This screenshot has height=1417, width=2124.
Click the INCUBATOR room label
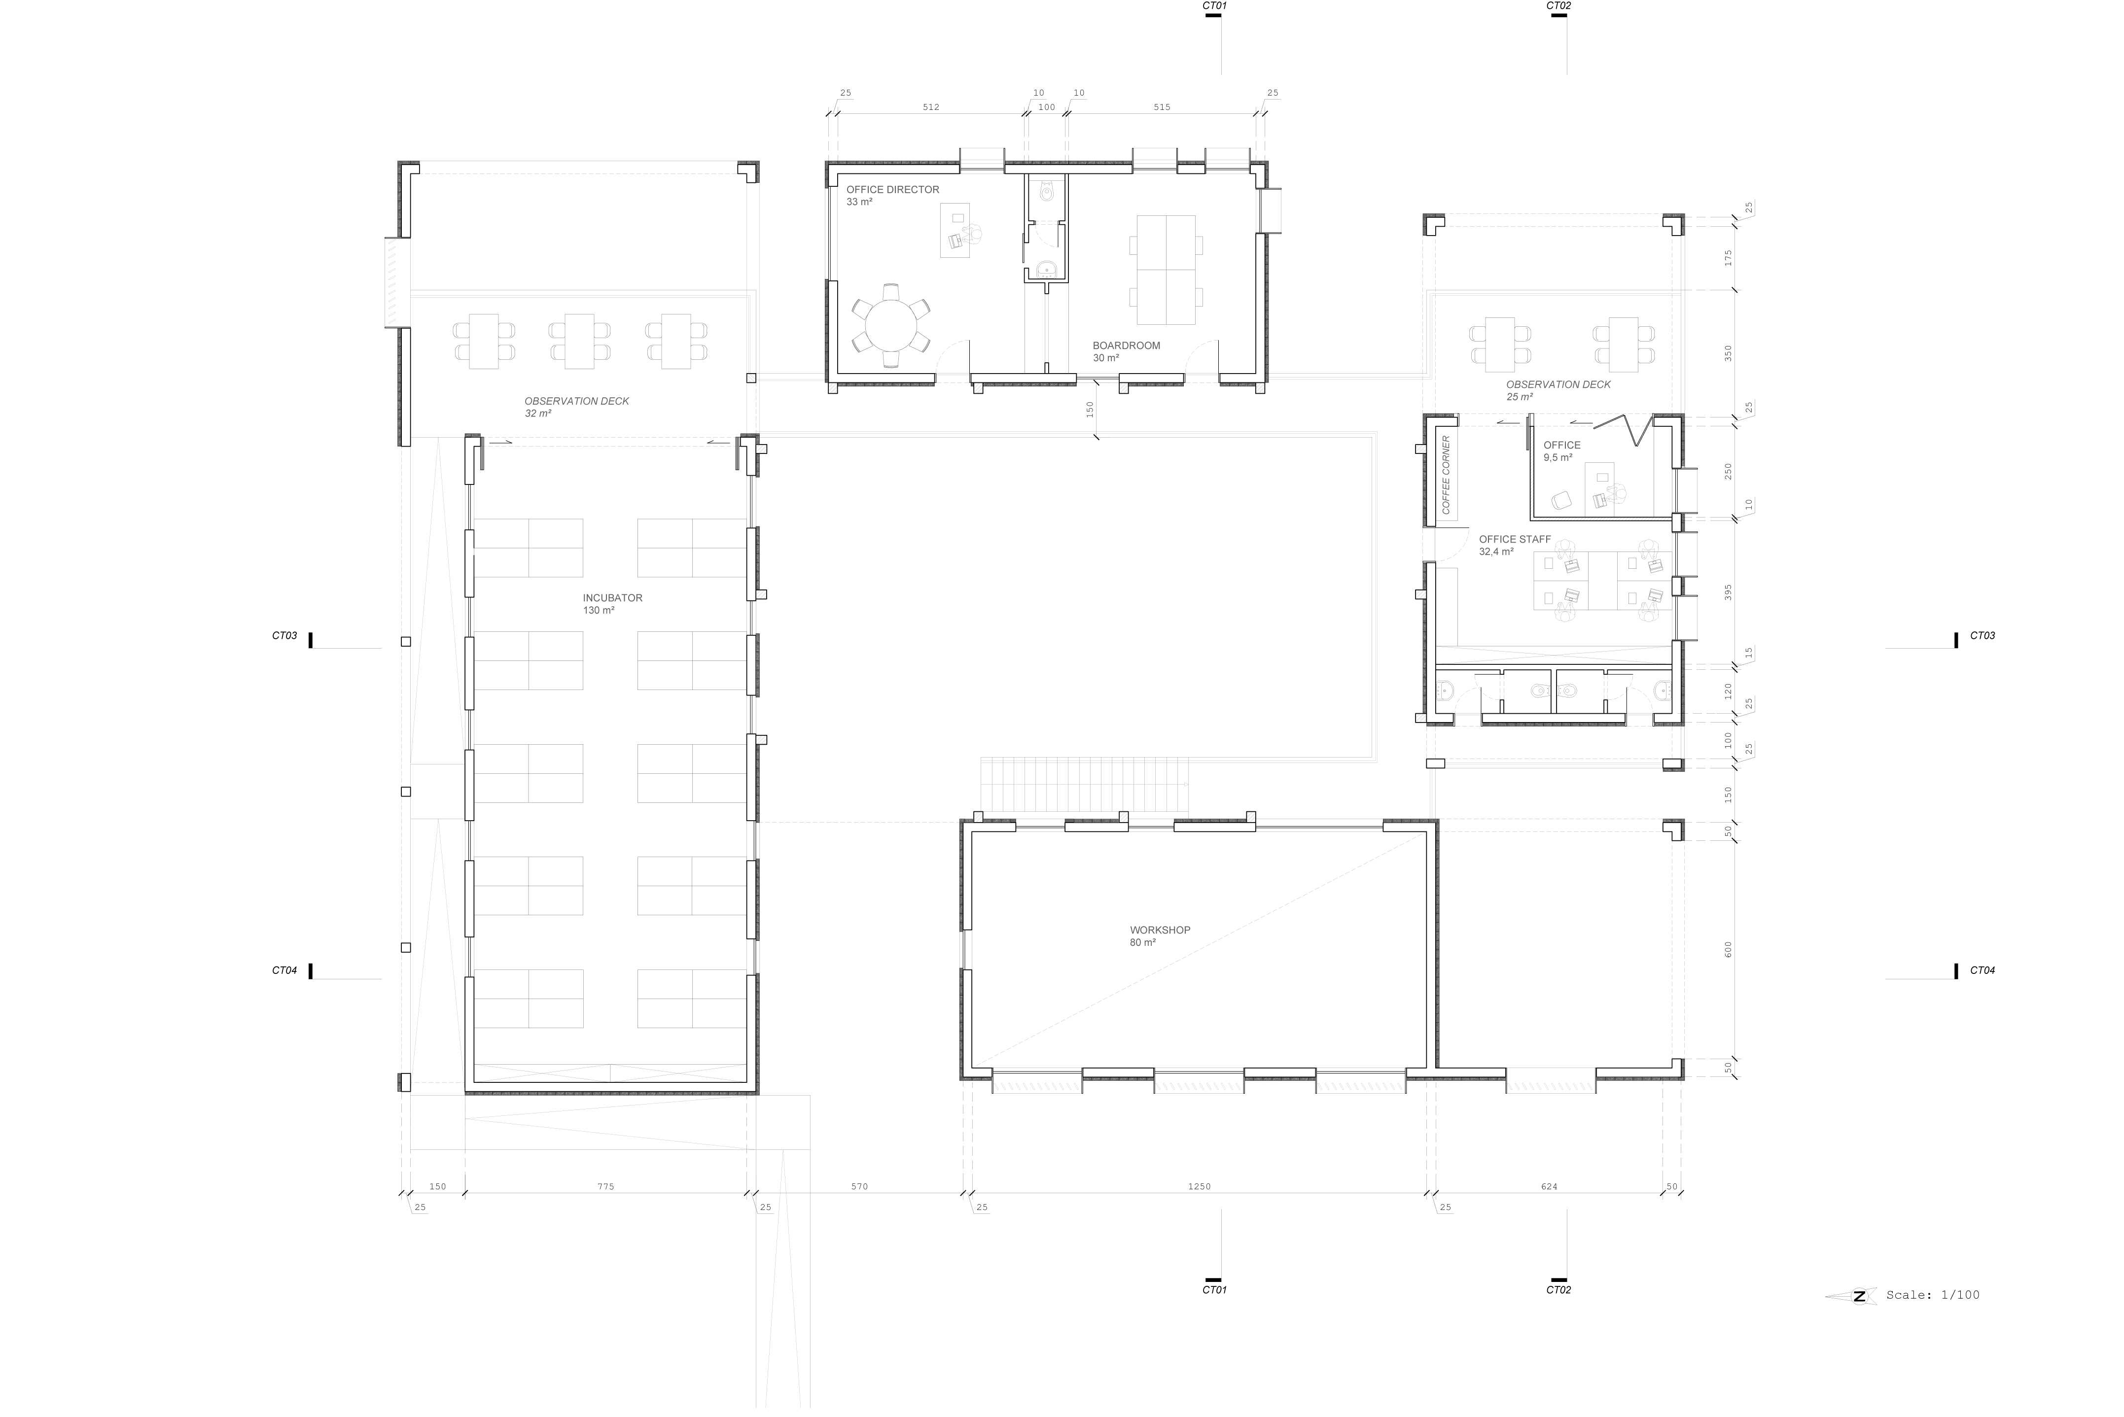[612, 598]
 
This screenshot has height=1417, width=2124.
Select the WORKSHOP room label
[1160, 930]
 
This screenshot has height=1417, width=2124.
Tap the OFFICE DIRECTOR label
[892, 190]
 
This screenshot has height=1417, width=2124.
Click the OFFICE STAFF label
[1515, 540]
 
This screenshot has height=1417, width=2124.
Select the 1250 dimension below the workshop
[1200, 1186]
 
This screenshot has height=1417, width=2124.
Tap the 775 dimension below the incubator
[605, 1186]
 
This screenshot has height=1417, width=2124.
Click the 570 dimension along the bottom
[859, 1186]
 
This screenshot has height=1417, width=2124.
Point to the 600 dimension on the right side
[1728, 949]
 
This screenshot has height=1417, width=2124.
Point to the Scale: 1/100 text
[1932, 1295]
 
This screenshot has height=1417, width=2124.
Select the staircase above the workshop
[1085, 785]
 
